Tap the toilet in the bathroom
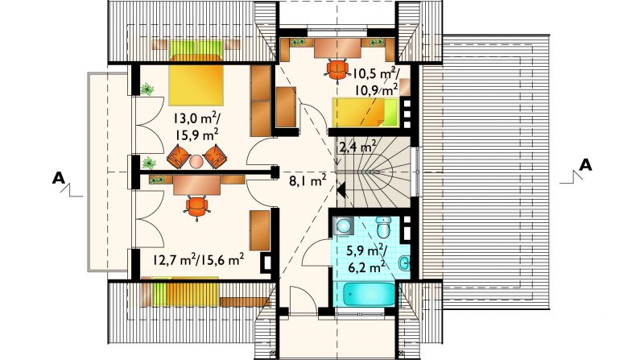[384, 227]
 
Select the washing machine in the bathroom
[343, 226]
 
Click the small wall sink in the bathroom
[404, 263]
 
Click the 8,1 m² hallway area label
[308, 180]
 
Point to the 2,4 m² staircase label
[357, 147]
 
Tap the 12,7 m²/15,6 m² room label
[198, 259]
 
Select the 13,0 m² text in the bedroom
[196, 118]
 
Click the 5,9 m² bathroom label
[365, 250]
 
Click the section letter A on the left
[59, 178]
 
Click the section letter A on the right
[585, 165]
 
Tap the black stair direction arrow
[341, 190]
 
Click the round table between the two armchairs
[196, 161]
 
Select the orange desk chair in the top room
[336, 70]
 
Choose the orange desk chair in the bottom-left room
[196, 207]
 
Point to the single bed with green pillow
[365, 112]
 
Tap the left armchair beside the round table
[179, 156]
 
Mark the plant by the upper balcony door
[147, 89]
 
